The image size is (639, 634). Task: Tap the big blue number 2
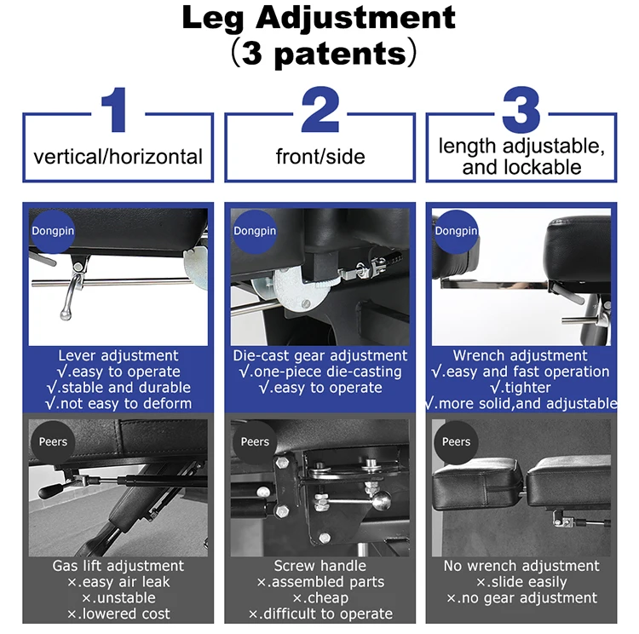(x=320, y=109)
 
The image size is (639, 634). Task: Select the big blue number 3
(x=521, y=109)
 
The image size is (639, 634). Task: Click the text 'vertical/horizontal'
(x=118, y=157)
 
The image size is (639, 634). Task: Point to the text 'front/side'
(x=320, y=157)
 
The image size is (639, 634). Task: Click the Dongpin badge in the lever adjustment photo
(x=53, y=231)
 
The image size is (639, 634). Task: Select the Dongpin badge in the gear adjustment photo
(x=255, y=231)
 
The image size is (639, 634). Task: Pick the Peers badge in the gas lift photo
(x=53, y=442)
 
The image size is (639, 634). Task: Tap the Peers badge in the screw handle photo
(x=255, y=442)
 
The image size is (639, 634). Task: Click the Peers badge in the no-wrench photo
(x=456, y=442)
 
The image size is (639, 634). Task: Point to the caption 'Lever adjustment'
(x=118, y=356)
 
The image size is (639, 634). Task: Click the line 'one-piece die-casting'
(x=320, y=372)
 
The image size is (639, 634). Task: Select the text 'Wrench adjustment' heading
(x=521, y=356)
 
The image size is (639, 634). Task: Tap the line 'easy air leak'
(x=118, y=582)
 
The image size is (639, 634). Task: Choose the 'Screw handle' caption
(x=319, y=567)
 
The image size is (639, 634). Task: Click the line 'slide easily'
(x=521, y=582)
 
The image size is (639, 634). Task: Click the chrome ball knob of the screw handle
(x=382, y=501)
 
